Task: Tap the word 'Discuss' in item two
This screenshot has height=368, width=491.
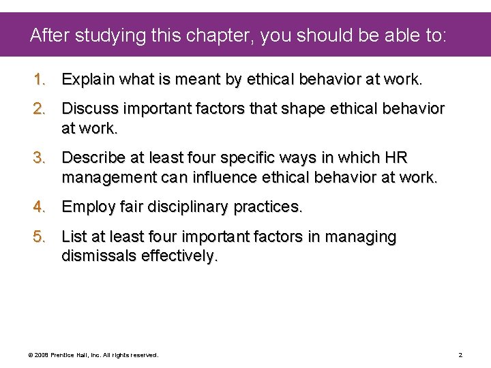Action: coord(88,109)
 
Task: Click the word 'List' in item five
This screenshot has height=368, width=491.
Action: coord(74,237)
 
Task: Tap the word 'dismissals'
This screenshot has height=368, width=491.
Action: coord(99,256)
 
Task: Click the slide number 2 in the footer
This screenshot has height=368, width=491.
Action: coord(460,355)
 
